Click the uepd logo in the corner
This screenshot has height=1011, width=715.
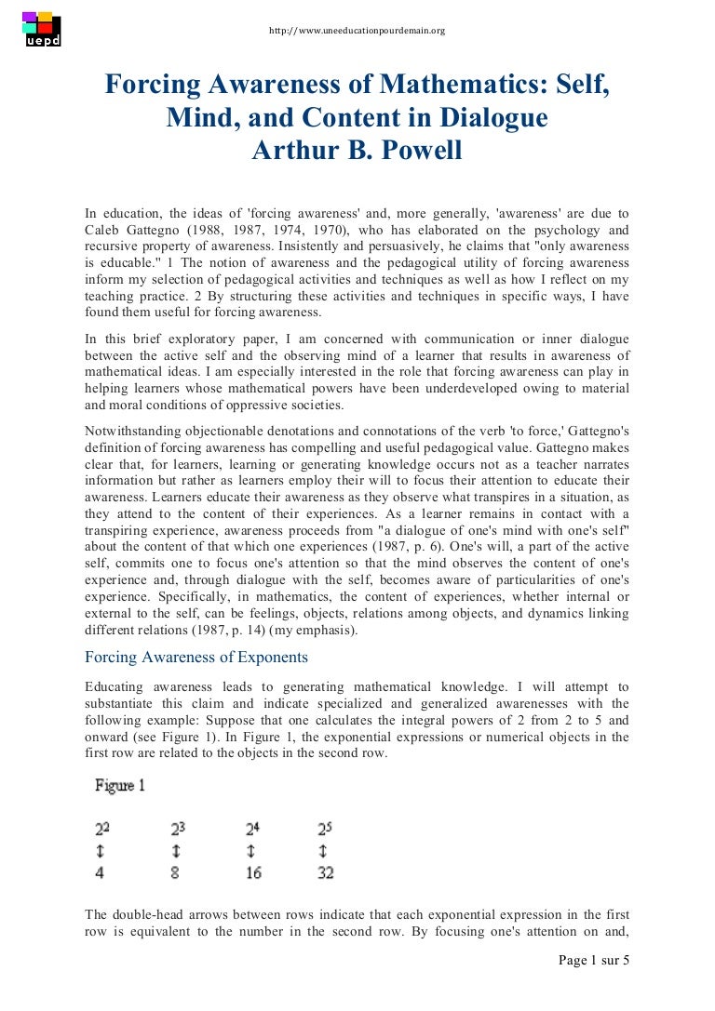(x=41, y=30)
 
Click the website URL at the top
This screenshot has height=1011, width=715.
(x=357, y=31)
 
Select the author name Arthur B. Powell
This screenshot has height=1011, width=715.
(x=357, y=150)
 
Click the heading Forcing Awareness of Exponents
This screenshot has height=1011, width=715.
(x=196, y=657)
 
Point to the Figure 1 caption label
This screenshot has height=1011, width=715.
(x=120, y=786)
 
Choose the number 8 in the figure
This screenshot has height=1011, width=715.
(x=176, y=872)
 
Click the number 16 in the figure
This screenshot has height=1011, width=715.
(x=253, y=872)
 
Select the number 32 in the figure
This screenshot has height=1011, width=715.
(x=325, y=872)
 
